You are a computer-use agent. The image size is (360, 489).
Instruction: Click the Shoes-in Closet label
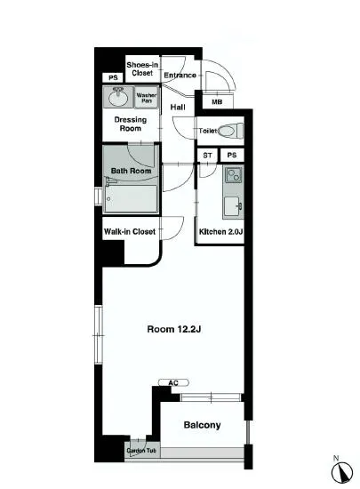tap(142, 69)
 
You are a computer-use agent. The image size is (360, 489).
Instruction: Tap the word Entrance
tap(180, 76)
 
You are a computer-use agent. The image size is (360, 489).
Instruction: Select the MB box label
tap(217, 102)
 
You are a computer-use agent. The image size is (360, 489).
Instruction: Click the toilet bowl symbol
tap(229, 131)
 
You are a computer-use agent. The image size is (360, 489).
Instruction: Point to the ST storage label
tap(207, 156)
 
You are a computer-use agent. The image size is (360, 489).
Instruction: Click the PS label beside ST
tap(232, 155)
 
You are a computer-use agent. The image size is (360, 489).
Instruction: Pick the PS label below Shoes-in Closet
tap(113, 77)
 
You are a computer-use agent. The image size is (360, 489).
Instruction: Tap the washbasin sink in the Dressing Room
tap(118, 97)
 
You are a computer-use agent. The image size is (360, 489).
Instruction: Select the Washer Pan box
tap(146, 98)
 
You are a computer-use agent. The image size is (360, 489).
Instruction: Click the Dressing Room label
tap(131, 124)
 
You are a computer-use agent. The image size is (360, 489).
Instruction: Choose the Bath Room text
tap(131, 171)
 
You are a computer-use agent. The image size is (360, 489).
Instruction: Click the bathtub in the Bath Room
tap(131, 198)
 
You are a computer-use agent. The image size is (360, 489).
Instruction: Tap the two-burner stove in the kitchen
tap(234, 175)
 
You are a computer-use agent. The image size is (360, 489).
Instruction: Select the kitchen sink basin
tap(233, 206)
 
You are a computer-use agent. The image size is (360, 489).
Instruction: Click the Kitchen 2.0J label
tap(221, 232)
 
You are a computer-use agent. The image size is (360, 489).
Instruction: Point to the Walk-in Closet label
tap(130, 232)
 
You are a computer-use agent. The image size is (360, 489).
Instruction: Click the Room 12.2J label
tap(174, 329)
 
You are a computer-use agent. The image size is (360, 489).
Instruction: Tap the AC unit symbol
tap(173, 382)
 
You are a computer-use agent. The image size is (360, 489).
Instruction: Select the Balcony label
tap(202, 425)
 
